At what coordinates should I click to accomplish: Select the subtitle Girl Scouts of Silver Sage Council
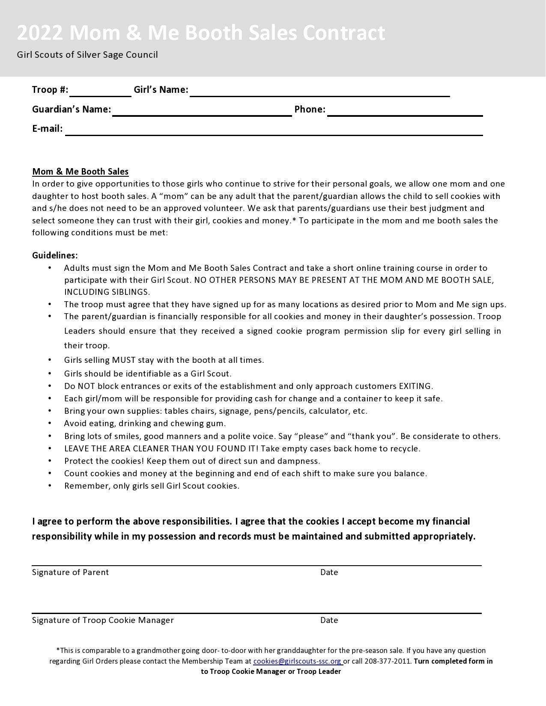click(x=87, y=55)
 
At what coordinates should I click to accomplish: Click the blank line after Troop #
click(x=101, y=92)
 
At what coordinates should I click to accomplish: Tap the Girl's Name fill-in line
click(x=319, y=92)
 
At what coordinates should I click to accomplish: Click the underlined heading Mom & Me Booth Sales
click(x=80, y=172)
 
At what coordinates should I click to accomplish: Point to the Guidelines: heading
click(x=55, y=255)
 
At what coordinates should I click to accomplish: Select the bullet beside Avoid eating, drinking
click(x=50, y=423)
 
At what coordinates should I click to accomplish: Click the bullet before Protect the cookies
click(x=50, y=461)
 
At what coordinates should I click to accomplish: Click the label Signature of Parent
click(x=70, y=573)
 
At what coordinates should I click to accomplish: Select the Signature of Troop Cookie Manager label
click(x=103, y=620)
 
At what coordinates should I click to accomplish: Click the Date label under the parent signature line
click(x=329, y=573)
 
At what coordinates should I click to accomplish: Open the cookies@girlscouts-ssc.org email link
click(x=297, y=661)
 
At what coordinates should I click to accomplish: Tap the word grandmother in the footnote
click(x=158, y=651)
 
